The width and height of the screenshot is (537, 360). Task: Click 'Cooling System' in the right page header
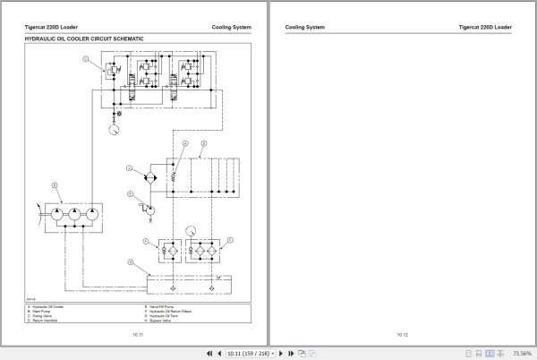click(x=304, y=27)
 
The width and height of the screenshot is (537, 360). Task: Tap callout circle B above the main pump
click(x=55, y=185)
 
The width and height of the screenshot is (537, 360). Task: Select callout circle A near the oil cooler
click(x=130, y=167)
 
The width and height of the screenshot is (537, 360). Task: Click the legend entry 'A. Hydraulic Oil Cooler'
click(x=46, y=306)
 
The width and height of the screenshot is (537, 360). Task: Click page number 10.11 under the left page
click(x=137, y=334)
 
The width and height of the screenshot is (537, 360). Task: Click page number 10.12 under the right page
click(x=402, y=334)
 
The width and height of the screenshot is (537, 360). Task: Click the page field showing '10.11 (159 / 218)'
click(x=248, y=353)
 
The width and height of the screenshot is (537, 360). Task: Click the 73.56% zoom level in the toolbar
click(x=522, y=353)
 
